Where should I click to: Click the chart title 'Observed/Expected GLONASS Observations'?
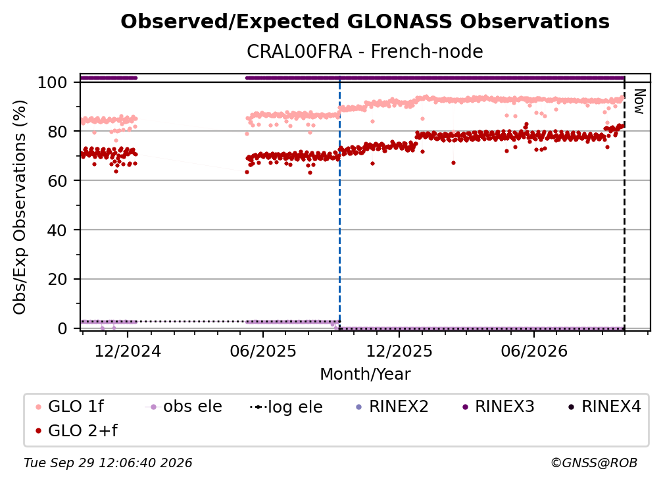pos(365,22)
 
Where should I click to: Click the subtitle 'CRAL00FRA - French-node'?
pos(365,51)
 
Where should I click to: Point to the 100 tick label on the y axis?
pos(53,82)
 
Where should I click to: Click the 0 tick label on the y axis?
pos(62,328)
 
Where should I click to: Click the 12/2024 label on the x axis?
pos(128,351)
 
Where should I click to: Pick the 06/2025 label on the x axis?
pos(263,351)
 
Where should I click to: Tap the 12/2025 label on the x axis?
pos(399,351)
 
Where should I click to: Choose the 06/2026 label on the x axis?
pos(534,351)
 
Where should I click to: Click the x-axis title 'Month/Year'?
pos(365,374)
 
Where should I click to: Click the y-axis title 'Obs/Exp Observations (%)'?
pos(20,207)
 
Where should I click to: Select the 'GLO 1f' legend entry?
pos(70,407)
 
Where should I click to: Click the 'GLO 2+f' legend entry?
pos(76,430)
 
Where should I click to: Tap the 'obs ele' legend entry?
pos(184,407)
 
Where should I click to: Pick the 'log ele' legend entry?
pos(286,407)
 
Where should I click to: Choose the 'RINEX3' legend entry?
pos(499,407)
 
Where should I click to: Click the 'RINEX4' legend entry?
pos(604,407)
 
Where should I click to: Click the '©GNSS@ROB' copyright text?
pos(594,463)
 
